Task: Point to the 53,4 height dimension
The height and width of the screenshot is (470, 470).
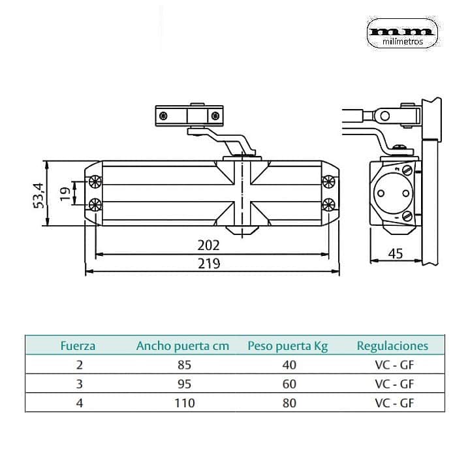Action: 40,195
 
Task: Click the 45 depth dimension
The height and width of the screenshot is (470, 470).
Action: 394,253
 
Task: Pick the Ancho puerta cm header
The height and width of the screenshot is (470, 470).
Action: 183,346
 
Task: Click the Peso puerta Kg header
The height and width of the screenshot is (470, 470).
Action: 289,346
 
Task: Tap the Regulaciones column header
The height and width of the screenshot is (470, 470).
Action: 392,346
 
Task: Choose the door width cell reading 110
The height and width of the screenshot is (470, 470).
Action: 184,403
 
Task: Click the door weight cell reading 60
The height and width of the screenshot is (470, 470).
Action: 289,384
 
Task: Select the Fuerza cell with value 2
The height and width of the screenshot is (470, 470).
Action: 79,365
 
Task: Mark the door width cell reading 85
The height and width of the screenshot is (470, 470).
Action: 184,365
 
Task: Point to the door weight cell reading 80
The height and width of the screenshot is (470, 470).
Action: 289,403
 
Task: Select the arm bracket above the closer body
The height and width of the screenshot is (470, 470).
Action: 189,116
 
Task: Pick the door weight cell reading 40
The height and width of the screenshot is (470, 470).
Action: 289,365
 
